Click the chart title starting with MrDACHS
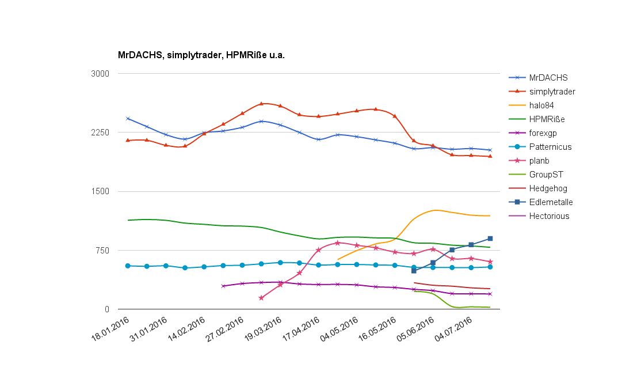[201, 55]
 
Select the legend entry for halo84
[541, 105]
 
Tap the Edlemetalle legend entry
[551, 202]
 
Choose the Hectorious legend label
[549, 216]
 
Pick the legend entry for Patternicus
[550, 147]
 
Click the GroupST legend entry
[546, 175]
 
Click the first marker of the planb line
[261, 298]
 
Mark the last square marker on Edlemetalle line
[490, 239]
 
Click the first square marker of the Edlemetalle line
[414, 271]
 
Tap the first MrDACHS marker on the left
[128, 119]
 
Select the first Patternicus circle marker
[128, 266]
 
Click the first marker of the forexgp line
[223, 286]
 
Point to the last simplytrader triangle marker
[490, 156]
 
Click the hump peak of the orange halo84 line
[436, 210]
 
